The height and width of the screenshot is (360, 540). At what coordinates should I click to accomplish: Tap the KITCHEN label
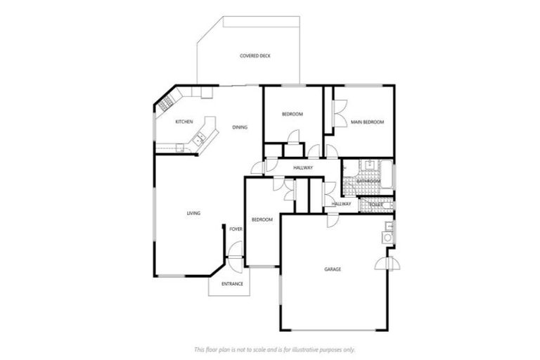click(184, 122)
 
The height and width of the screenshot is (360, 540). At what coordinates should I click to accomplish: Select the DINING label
click(239, 127)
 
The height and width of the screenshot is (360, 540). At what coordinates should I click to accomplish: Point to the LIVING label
click(193, 213)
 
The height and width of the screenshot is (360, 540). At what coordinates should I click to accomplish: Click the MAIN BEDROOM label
click(367, 122)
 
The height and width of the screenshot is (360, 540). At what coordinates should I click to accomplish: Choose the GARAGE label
click(333, 269)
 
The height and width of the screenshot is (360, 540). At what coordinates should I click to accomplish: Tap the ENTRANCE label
click(232, 284)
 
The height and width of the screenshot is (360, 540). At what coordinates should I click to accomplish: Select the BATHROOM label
click(368, 181)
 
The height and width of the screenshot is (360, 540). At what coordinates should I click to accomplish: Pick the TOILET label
click(375, 204)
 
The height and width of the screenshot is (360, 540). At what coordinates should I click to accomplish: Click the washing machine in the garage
click(387, 238)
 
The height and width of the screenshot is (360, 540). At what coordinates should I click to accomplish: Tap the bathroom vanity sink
click(366, 167)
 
